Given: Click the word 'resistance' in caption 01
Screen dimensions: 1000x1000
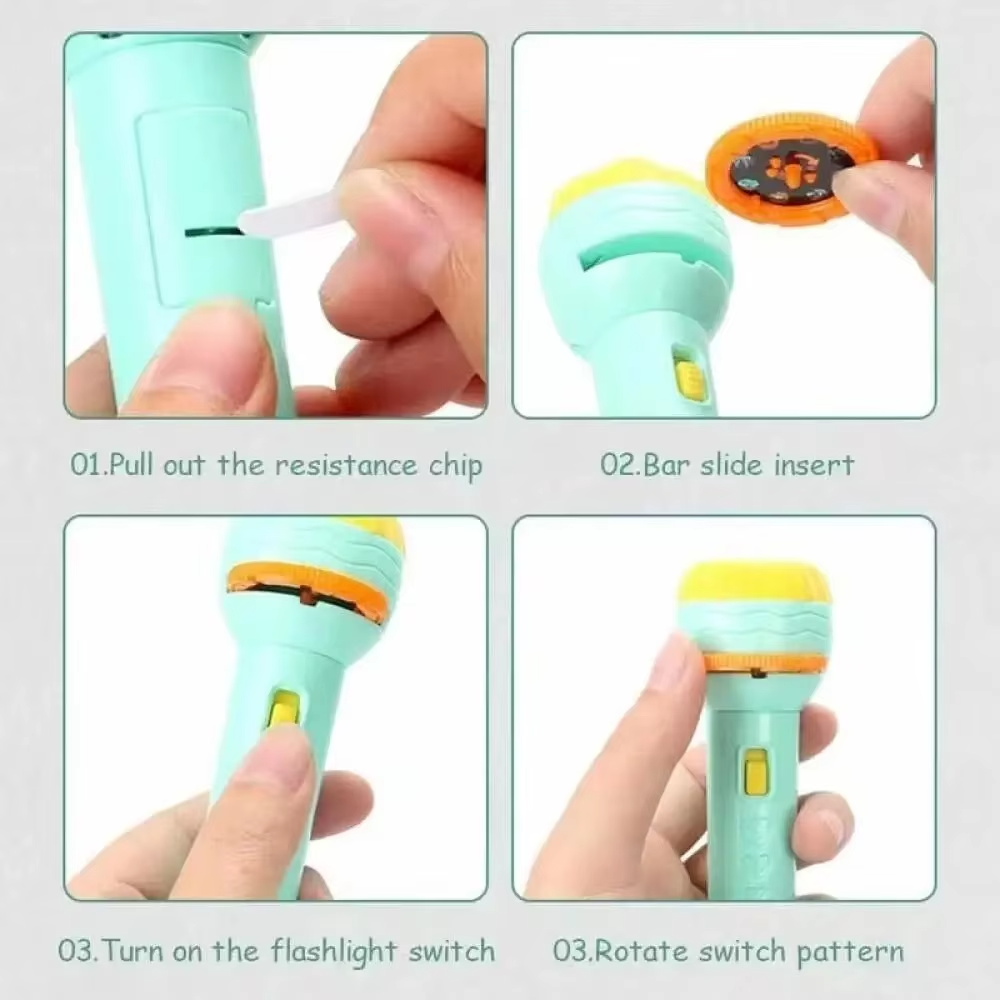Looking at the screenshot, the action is (346, 466).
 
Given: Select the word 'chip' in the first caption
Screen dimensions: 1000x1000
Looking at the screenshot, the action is (455, 467).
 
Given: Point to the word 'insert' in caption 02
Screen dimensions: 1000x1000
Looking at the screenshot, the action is (814, 466).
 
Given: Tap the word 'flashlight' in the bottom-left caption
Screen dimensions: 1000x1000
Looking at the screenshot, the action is (335, 952).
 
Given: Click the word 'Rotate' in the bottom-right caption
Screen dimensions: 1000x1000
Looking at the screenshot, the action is (642, 952).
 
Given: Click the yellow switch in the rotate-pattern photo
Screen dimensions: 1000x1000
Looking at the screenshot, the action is (755, 774).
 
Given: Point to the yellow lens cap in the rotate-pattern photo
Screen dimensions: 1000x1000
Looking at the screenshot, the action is (754, 584).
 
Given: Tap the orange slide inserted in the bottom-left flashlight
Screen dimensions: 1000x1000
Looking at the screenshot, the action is (307, 587).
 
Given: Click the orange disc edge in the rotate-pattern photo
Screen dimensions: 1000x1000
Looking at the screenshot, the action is (765, 664).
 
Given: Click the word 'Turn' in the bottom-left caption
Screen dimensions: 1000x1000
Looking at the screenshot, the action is (133, 952).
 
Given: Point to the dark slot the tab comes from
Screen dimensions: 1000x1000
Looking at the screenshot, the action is (211, 231).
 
